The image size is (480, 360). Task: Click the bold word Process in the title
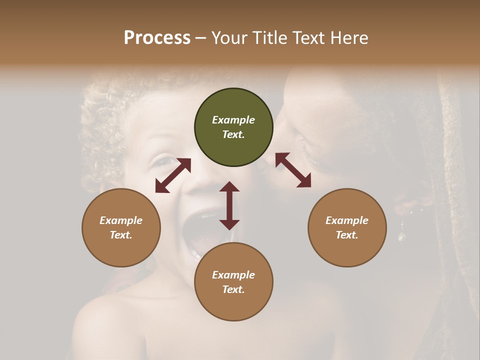(157, 38)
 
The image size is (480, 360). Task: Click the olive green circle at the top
(233, 127)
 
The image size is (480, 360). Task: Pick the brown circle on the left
(121, 227)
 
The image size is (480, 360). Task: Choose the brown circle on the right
(347, 227)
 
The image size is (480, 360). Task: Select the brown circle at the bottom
(233, 282)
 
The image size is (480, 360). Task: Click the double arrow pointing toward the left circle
(173, 175)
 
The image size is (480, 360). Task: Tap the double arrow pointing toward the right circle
(293, 170)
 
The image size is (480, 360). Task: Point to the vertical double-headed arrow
(229, 205)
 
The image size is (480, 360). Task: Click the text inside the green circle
(233, 127)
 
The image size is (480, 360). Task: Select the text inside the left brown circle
(121, 227)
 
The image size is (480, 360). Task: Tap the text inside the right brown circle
(347, 227)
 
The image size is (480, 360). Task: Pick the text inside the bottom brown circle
(233, 282)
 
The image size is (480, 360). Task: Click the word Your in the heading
(228, 38)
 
